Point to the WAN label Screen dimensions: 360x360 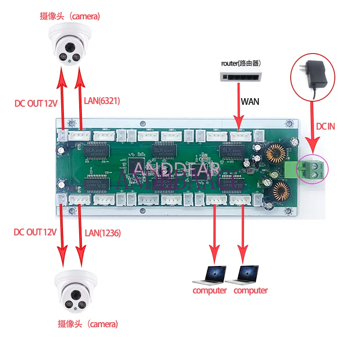point(250,101)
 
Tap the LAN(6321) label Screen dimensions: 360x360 point(102,101)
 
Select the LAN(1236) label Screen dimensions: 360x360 point(103,233)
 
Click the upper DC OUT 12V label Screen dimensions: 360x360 point(36,103)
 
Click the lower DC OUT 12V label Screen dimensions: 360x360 point(35,232)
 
